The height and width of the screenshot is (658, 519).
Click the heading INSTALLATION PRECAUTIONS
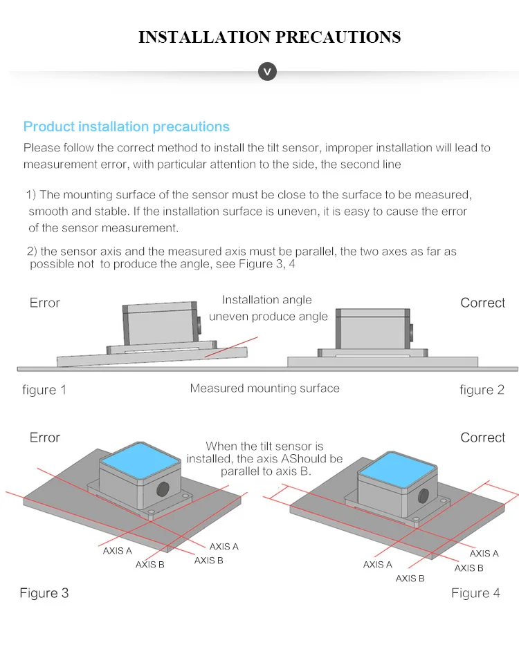(269, 37)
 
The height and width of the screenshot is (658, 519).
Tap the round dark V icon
(267, 71)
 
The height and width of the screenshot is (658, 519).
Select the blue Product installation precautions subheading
(127, 126)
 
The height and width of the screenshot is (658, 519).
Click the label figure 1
(44, 390)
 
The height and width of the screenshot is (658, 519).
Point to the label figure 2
(482, 390)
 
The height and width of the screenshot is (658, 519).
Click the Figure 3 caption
(44, 593)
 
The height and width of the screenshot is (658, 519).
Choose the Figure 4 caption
(475, 593)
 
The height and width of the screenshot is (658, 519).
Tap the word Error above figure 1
(44, 303)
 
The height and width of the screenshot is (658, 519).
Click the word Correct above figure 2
(483, 303)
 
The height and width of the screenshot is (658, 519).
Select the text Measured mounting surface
(265, 388)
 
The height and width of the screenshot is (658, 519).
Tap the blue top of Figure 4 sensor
(397, 469)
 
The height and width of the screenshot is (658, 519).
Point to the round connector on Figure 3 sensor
(163, 489)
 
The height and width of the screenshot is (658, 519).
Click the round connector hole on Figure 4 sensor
(423, 497)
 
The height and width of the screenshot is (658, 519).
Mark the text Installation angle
(267, 300)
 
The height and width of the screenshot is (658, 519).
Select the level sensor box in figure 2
(373, 329)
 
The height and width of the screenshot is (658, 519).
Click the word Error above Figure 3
(44, 438)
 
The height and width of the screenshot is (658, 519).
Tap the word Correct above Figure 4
(483, 438)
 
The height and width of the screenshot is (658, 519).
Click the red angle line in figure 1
(231, 347)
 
